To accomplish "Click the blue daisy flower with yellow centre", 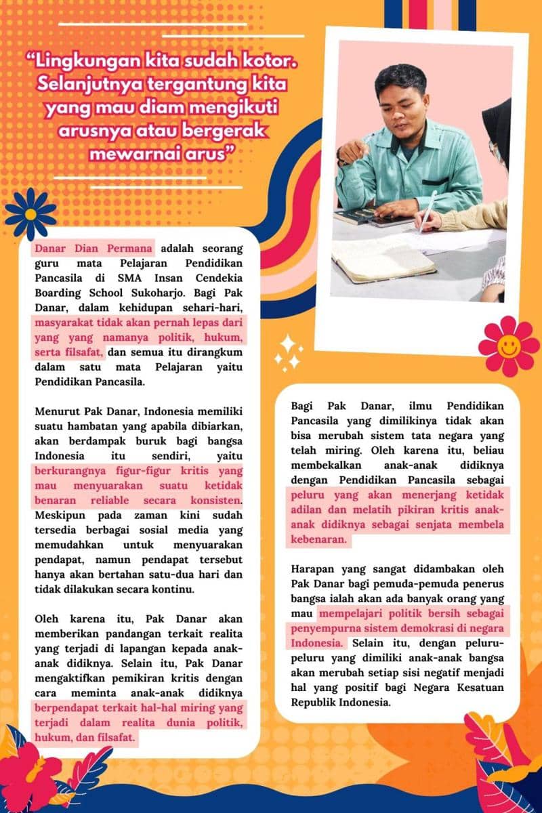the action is pyautogui.click(x=30, y=213).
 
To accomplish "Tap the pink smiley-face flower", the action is pyautogui.click(x=509, y=346).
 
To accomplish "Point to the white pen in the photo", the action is pyautogui.click(x=427, y=211).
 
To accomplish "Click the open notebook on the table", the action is pyautogui.click(x=382, y=260).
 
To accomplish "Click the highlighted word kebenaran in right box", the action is pyautogui.click(x=318, y=541).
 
